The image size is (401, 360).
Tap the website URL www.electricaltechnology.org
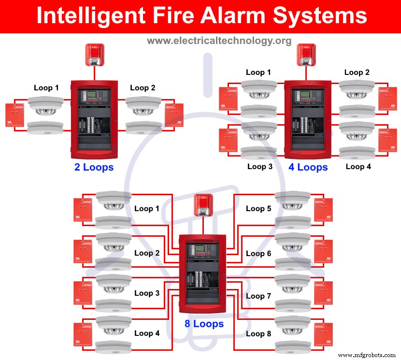[219, 41]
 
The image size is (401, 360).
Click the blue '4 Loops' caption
[308, 167]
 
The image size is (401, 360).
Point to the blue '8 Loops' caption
[204, 323]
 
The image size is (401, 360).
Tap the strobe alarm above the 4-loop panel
[306, 55]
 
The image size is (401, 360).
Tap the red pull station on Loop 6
[323, 251]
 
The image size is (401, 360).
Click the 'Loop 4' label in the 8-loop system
[147, 333]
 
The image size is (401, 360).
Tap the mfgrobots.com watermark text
[367, 355]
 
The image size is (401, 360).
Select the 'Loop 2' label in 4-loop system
[357, 72]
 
